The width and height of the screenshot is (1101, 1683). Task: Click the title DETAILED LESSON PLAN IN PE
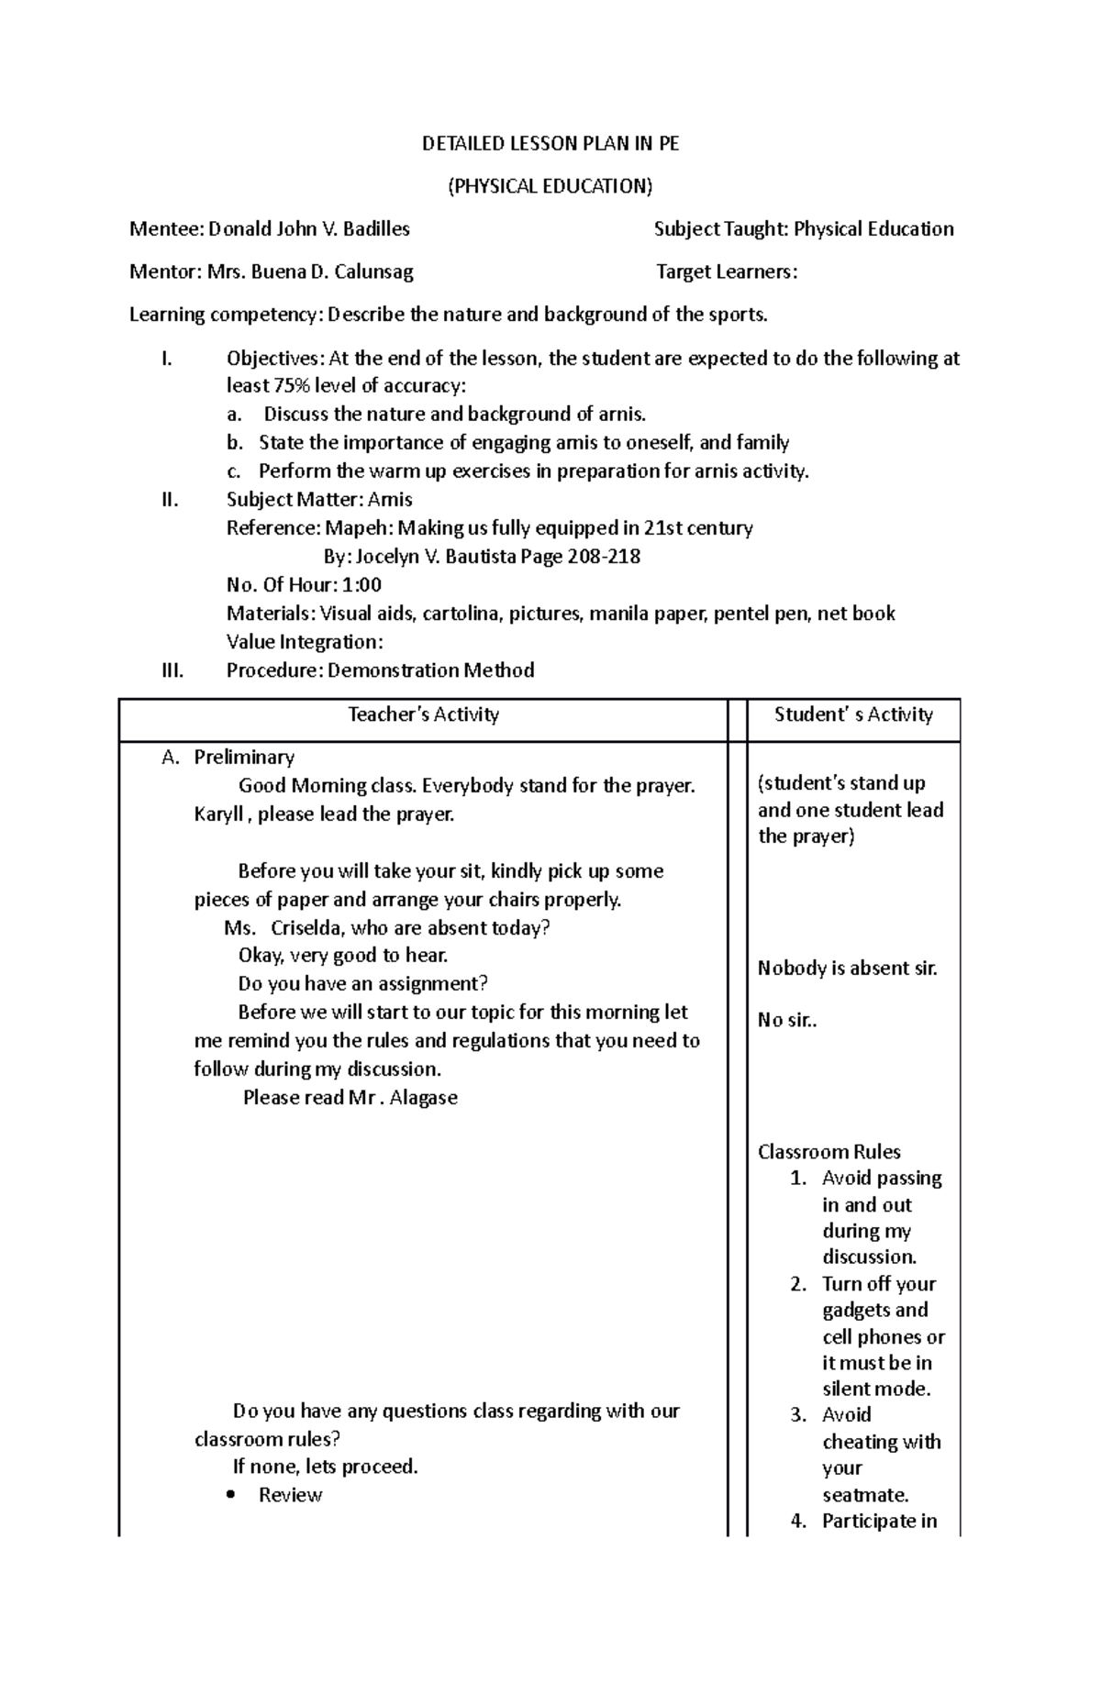point(550,143)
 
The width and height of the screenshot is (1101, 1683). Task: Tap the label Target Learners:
point(727,271)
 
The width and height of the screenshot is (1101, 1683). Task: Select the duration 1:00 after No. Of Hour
point(362,584)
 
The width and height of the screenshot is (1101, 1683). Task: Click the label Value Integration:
point(304,641)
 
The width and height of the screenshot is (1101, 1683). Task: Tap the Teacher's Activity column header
point(423,714)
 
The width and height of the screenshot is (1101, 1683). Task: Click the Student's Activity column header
point(853,714)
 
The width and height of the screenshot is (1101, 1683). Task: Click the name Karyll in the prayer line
point(218,814)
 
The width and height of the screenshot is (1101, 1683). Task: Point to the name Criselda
point(306,927)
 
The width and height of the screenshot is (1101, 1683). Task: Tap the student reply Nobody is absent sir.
point(847,968)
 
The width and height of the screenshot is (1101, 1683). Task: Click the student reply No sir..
point(786,1019)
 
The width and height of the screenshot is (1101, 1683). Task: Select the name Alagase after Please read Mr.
point(423,1097)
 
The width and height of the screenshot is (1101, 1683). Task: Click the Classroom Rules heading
point(829,1151)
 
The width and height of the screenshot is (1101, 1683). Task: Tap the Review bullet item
point(290,1494)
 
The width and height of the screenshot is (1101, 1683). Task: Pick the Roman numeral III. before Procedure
point(172,670)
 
